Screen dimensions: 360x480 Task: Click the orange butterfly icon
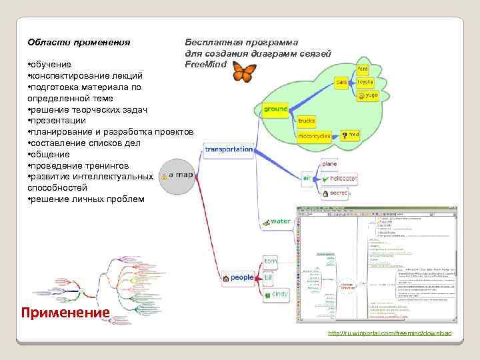pos(244,71)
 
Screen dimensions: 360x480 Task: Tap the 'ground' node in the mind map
pos(275,109)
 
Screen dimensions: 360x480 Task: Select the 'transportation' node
pos(229,149)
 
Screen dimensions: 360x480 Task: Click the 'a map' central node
pos(178,175)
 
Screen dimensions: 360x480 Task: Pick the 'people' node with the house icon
pos(239,278)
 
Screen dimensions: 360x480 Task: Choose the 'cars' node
pos(341,83)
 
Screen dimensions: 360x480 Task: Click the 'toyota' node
pos(365,82)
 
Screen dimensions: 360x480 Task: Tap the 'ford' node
pos(364,69)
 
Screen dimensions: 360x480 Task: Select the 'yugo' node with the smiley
pos(369,95)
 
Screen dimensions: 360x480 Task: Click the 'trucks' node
pos(307,121)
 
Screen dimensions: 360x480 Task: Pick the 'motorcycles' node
pos(314,135)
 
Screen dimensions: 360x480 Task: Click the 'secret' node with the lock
pos(335,193)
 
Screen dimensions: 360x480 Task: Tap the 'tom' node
pos(270,261)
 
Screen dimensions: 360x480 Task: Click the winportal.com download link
pos(390,333)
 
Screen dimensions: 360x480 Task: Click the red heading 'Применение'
pos(65,312)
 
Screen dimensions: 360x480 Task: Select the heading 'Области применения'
pos(73,43)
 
